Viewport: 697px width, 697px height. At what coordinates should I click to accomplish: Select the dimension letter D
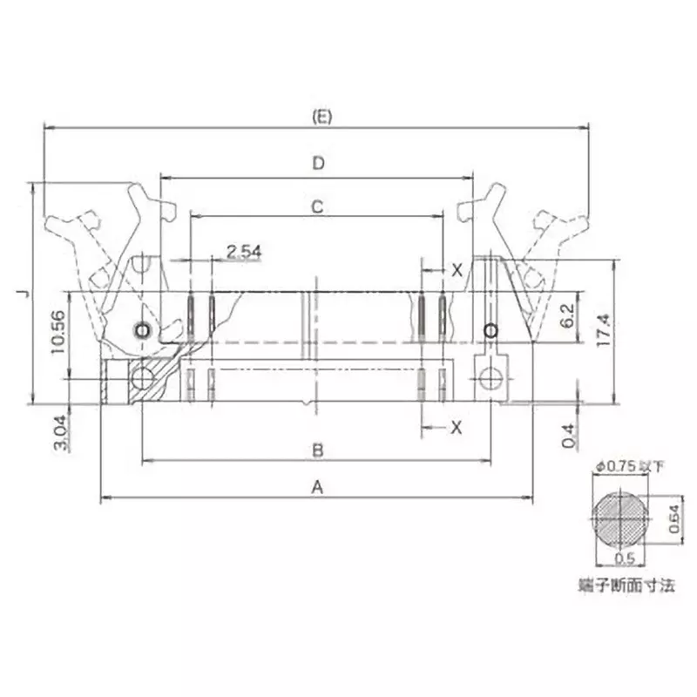318,163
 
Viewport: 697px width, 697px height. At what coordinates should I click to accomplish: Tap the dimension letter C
318,206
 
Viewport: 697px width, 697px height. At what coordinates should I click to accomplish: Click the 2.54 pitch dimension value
244,252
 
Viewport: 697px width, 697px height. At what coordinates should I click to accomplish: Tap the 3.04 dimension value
57,430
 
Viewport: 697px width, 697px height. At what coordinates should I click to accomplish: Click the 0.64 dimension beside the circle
673,520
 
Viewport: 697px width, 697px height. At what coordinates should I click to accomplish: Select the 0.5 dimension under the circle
624,559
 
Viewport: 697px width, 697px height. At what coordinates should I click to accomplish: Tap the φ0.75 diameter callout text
629,466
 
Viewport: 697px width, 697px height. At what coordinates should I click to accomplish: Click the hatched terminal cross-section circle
621,519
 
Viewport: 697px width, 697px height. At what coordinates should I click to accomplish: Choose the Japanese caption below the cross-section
626,585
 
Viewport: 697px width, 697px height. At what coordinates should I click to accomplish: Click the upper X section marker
457,270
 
